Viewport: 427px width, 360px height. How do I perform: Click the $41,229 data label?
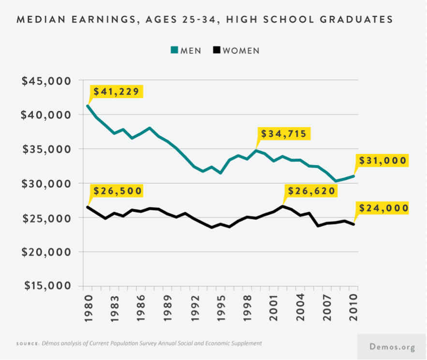click(x=116, y=91)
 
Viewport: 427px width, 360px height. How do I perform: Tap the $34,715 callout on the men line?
click(x=283, y=133)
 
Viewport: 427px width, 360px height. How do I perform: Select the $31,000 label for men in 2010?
click(x=383, y=160)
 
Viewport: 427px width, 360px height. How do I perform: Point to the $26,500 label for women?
click(x=117, y=190)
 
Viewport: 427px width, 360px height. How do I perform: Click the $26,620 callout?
click(x=311, y=191)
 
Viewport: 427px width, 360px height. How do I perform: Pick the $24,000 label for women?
click(x=383, y=208)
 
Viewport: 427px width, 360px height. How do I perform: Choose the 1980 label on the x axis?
click(x=88, y=307)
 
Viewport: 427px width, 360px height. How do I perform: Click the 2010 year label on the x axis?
click(x=354, y=307)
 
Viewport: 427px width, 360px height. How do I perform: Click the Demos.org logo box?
click(x=392, y=346)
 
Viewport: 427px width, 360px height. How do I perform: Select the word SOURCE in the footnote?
click(x=27, y=344)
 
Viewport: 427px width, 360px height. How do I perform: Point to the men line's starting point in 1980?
click(x=88, y=106)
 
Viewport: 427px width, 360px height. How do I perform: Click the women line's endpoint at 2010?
click(x=354, y=224)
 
